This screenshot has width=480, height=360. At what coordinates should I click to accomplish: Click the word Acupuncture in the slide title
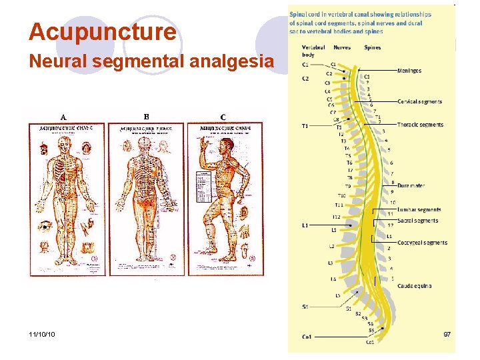(103, 31)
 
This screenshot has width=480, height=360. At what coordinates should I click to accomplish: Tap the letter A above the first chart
(63, 117)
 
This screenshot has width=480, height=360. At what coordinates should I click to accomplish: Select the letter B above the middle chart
(146, 117)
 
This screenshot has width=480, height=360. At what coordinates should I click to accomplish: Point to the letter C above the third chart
(223, 118)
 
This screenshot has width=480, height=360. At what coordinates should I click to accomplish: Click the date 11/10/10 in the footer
(42, 333)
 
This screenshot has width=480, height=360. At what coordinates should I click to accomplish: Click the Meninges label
(409, 70)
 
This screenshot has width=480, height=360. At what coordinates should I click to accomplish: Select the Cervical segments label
(419, 102)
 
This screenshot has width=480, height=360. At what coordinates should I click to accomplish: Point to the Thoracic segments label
(420, 125)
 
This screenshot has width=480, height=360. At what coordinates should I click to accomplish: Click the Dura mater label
(411, 185)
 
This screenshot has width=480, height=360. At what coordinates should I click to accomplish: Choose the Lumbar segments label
(419, 210)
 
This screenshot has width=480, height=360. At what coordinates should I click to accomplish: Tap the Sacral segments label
(417, 221)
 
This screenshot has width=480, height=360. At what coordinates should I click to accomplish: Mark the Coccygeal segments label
(421, 243)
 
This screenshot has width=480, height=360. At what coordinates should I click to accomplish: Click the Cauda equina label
(414, 286)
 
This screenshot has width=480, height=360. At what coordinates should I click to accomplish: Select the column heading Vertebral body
(313, 51)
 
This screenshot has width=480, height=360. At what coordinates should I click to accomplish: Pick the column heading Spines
(373, 47)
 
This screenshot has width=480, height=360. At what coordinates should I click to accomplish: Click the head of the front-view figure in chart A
(65, 141)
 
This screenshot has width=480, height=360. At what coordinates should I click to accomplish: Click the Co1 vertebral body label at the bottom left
(307, 337)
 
